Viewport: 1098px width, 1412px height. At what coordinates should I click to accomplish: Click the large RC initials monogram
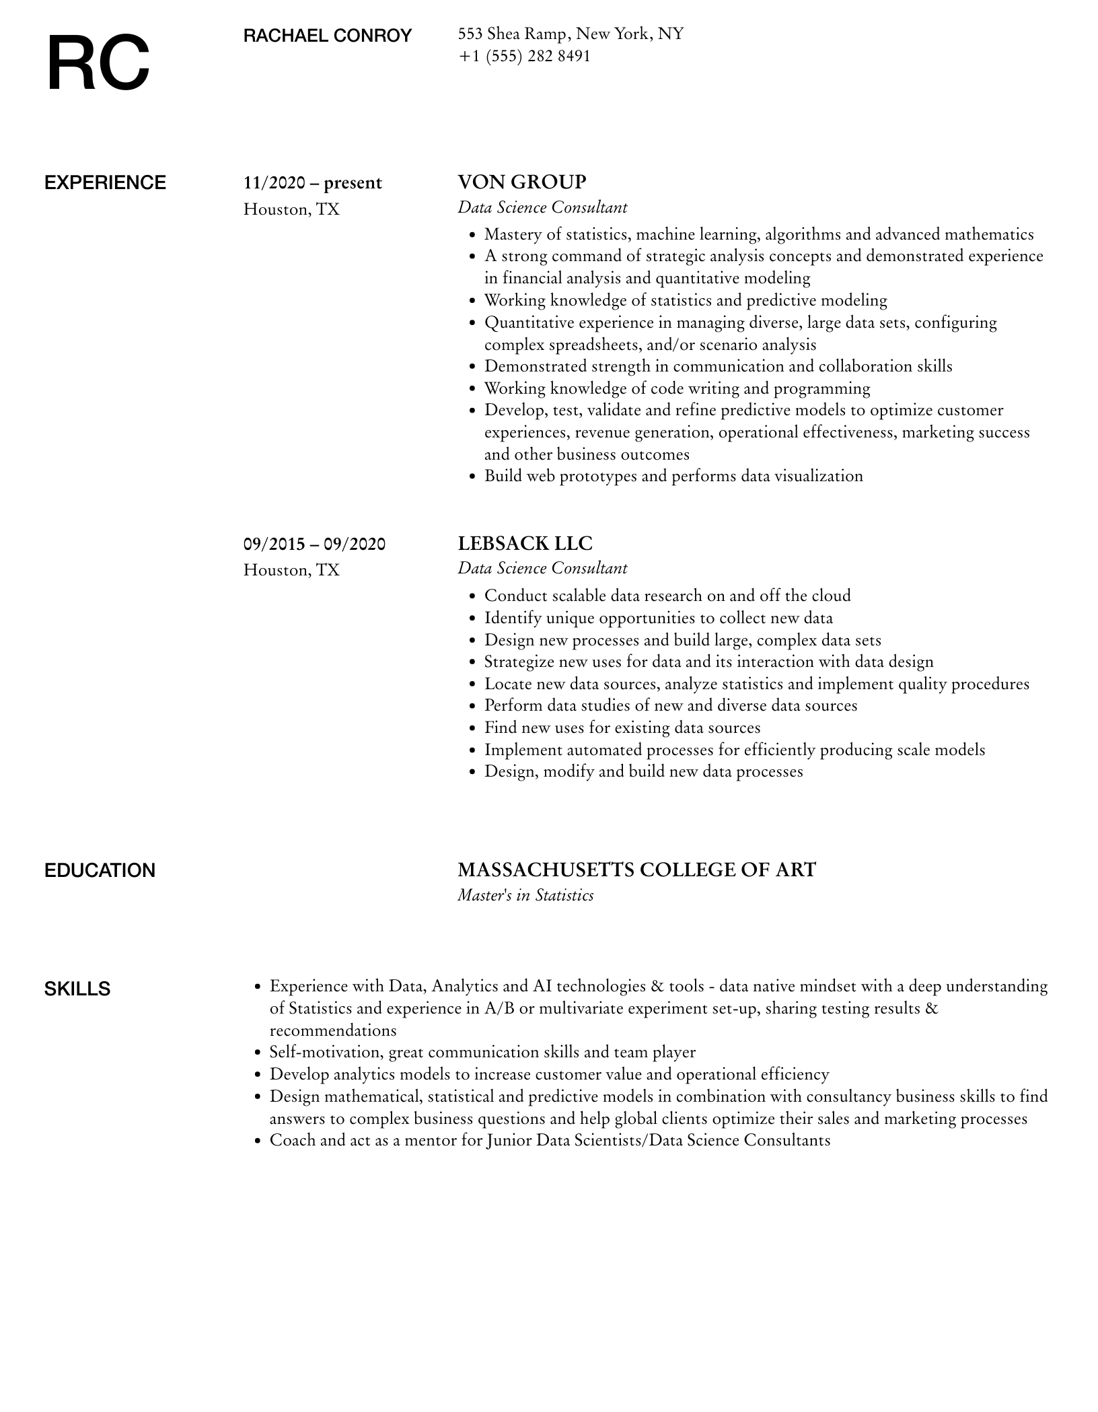point(98,65)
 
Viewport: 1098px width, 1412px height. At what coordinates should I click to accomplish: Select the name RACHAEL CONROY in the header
point(327,36)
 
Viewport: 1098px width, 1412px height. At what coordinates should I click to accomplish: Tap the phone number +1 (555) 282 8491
point(524,57)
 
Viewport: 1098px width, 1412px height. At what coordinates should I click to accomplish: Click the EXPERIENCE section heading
point(105,183)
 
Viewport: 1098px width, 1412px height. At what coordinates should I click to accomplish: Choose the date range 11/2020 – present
point(312,183)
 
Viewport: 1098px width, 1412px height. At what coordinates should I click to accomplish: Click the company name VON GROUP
point(522,182)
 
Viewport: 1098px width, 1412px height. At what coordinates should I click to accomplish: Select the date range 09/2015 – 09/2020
point(314,544)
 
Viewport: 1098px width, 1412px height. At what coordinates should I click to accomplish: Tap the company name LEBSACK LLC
point(525,543)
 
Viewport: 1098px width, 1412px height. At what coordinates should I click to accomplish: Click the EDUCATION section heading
point(100,871)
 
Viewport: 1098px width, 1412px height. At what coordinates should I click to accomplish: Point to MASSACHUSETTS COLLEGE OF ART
point(636,870)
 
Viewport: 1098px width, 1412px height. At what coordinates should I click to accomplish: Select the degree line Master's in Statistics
point(525,896)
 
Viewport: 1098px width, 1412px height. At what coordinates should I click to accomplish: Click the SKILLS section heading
point(77,989)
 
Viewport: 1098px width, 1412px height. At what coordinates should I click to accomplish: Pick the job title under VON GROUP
point(542,208)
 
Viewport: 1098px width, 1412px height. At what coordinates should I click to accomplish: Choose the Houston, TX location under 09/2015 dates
point(291,571)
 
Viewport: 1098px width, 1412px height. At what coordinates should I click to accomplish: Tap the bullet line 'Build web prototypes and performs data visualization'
point(673,476)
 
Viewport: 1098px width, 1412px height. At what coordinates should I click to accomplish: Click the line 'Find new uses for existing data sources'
point(622,728)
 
